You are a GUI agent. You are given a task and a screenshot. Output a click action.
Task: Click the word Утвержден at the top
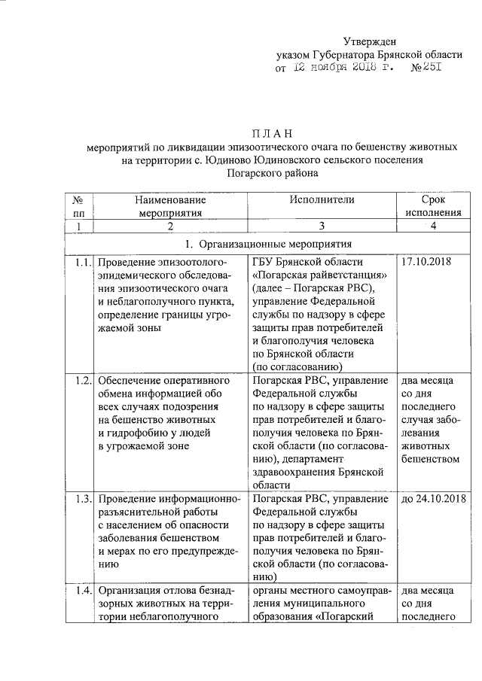(x=370, y=41)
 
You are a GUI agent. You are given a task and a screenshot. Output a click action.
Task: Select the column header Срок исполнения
(x=432, y=206)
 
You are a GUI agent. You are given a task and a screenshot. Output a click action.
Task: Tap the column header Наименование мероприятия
(x=171, y=206)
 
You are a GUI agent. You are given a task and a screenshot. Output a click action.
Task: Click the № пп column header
(x=79, y=206)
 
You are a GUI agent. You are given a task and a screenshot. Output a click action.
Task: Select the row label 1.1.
(x=83, y=263)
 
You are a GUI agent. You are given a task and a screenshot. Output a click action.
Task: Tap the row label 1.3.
(x=83, y=500)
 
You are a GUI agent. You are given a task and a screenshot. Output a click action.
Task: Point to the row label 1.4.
(x=83, y=589)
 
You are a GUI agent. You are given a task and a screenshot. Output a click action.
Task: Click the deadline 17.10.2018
(x=427, y=263)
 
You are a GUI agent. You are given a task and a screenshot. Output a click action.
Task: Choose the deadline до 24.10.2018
(x=433, y=500)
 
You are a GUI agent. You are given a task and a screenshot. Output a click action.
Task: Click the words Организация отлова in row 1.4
(x=143, y=589)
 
